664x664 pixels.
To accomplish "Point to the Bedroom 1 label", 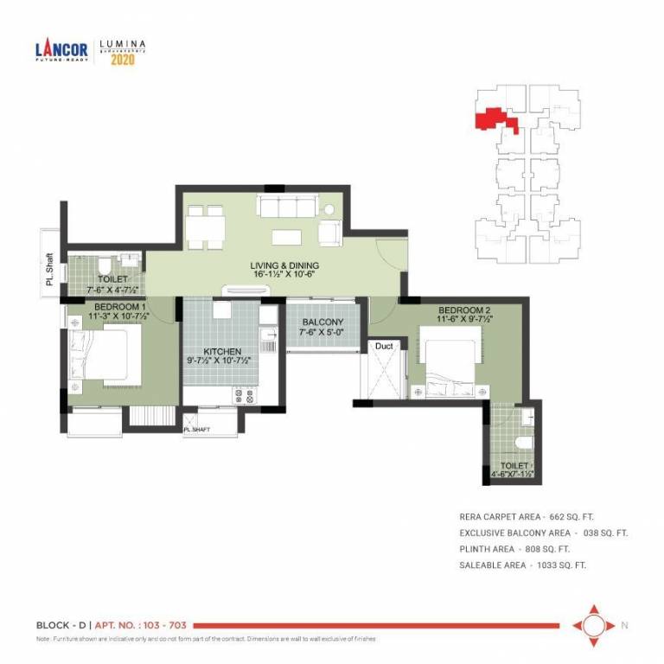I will [x=118, y=306].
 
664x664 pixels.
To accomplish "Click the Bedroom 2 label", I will [x=464, y=310].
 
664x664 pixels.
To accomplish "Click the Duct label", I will [x=383, y=346].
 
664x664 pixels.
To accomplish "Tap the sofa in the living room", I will [x=285, y=206].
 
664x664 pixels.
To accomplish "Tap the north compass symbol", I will [x=593, y=624].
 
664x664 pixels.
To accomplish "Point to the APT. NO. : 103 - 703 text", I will [x=142, y=624].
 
